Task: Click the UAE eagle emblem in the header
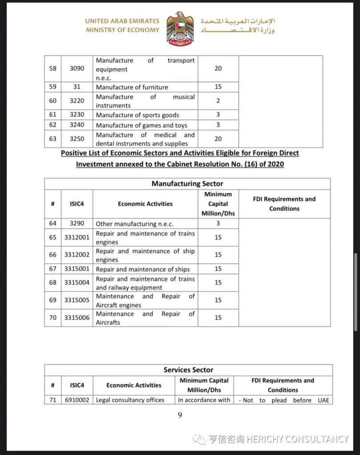(x=180, y=28)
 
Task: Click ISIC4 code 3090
(x=77, y=69)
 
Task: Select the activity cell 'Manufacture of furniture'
(x=132, y=88)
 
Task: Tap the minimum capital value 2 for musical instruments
(x=218, y=101)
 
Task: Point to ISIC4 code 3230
(x=77, y=115)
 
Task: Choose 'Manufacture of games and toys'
(x=141, y=125)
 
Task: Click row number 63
(x=53, y=139)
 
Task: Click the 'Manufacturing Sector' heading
(x=187, y=184)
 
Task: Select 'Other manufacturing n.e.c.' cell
(x=135, y=224)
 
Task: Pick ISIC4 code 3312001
(x=77, y=237)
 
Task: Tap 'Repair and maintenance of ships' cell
(x=143, y=269)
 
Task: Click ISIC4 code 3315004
(x=77, y=283)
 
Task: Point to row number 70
(x=53, y=318)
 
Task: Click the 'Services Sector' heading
(x=188, y=370)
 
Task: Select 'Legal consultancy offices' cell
(x=130, y=400)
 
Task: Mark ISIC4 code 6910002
(x=77, y=400)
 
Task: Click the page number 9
(x=180, y=415)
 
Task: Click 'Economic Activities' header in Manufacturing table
(x=145, y=204)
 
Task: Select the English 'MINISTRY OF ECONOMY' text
(x=123, y=30)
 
